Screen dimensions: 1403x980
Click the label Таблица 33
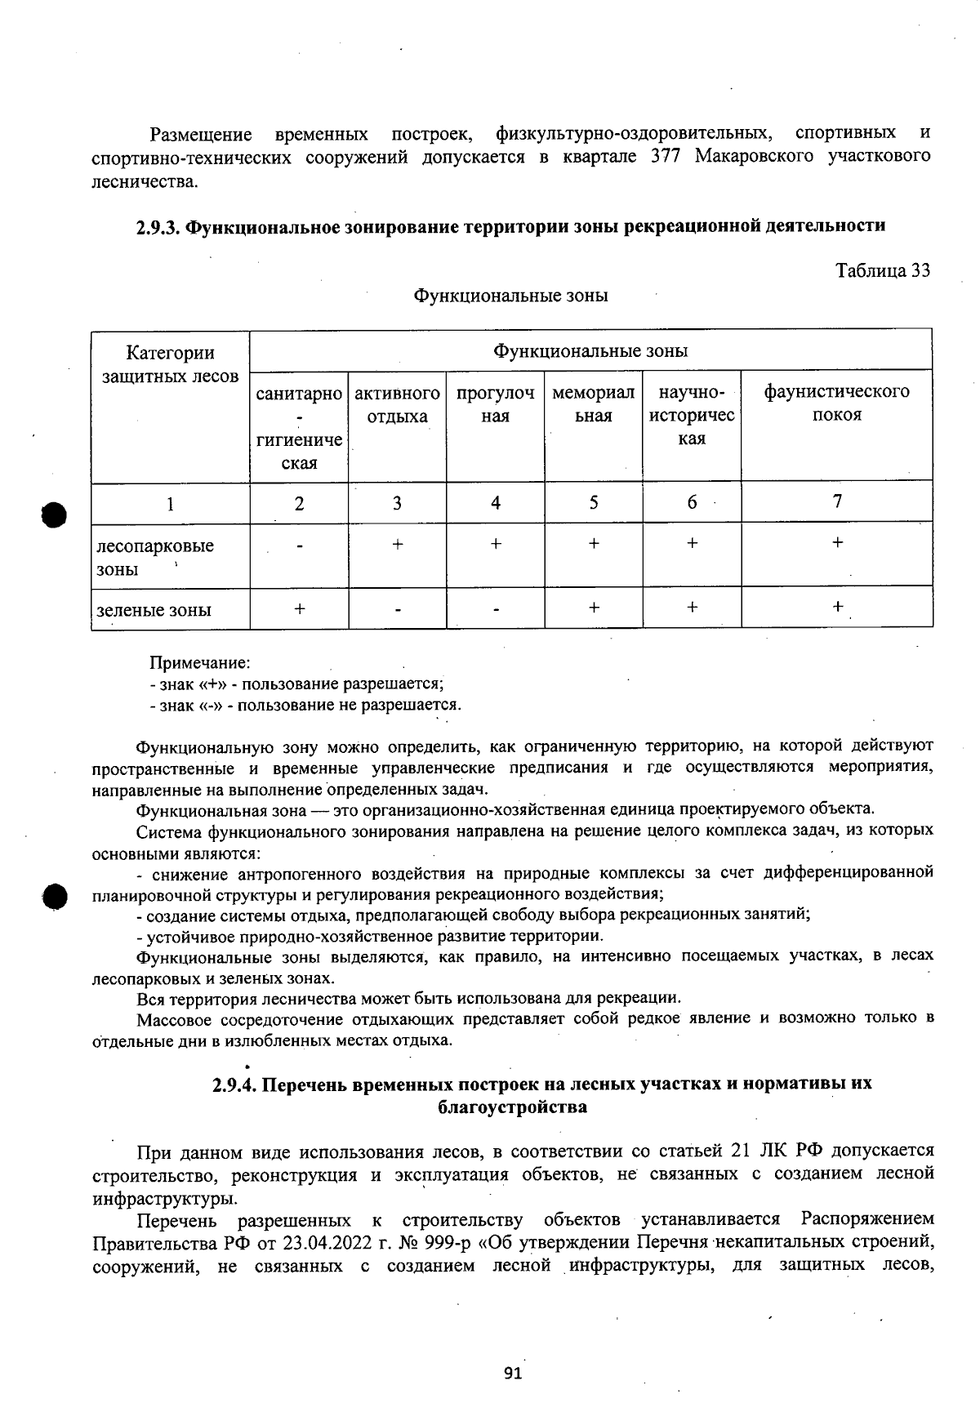pyautogui.click(x=883, y=270)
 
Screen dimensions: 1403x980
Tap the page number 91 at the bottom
pyautogui.click(x=512, y=1374)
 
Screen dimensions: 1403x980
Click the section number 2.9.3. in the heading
pyautogui.click(x=158, y=226)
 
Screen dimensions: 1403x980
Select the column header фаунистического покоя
pyautogui.click(x=836, y=403)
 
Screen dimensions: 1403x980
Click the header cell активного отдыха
pyautogui.click(x=397, y=404)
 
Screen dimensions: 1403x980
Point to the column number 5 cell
pyautogui.click(x=593, y=502)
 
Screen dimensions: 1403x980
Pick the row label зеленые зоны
pyautogui.click(x=154, y=610)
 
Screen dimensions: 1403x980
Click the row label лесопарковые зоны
pyautogui.click(x=155, y=557)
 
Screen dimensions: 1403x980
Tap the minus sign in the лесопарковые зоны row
pyautogui.click(x=300, y=546)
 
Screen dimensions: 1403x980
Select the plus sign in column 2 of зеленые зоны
pyautogui.click(x=300, y=608)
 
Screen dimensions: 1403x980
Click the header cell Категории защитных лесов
pyautogui.click(x=170, y=364)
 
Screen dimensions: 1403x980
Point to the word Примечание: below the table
pyautogui.click(x=199, y=663)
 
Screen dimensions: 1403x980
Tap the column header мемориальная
pyautogui.click(x=593, y=404)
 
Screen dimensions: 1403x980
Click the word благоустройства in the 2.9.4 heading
pyautogui.click(x=512, y=1107)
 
